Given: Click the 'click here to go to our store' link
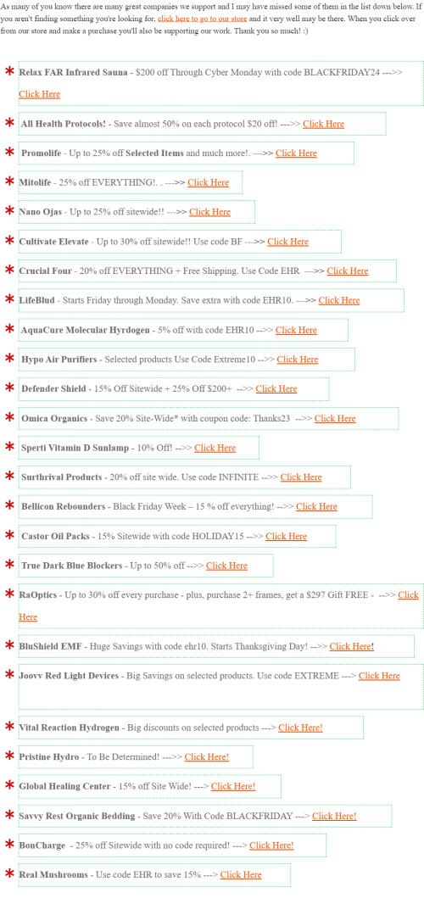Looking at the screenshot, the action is [203, 19].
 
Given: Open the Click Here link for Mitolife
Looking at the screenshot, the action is [208, 182].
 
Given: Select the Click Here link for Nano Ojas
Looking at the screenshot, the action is [209, 212].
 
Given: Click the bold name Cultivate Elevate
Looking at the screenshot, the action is [54, 242].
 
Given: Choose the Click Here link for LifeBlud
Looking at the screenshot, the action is [339, 301].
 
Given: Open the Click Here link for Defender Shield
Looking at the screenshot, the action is [276, 389].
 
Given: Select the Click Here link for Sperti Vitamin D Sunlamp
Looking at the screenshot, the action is [215, 448].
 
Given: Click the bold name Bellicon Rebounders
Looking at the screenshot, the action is [64, 507].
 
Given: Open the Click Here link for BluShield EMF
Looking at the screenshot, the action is [350, 647].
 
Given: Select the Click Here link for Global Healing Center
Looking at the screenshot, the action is [233, 787].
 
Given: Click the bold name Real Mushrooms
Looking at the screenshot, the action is [53, 875].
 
